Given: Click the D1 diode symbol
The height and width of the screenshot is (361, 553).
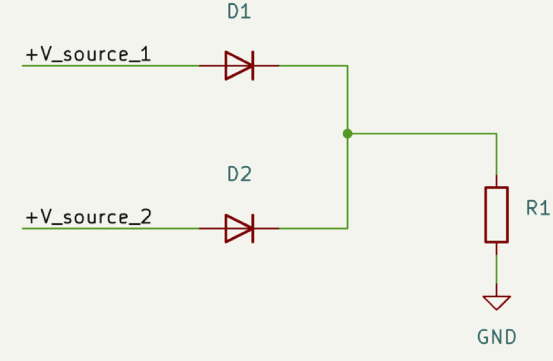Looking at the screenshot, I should click(239, 65).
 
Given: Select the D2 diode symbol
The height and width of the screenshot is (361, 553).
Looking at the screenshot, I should click(239, 228).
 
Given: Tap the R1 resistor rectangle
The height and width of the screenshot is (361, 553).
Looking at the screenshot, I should click(496, 214).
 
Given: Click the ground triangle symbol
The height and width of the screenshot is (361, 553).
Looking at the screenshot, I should click(496, 302).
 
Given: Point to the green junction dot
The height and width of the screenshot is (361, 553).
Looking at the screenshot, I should click(347, 134).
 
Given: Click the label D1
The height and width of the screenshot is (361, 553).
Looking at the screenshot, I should click(239, 12).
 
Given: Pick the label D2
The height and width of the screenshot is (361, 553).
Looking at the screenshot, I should click(239, 174).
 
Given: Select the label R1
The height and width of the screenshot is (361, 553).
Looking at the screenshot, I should click(537, 208).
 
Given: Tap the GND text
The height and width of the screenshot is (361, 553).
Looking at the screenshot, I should click(496, 337).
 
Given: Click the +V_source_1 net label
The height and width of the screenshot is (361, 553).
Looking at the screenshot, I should click(88, 55).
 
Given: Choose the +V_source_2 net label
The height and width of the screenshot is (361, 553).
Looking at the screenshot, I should click(88, 217).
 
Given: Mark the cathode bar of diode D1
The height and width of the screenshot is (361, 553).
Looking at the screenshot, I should click(253, 65).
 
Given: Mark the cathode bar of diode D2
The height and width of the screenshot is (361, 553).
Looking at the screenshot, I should click(253, 228).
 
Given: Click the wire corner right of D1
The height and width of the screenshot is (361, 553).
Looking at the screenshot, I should click(347, 66).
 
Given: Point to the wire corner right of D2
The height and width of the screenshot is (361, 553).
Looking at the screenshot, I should click(347, 228).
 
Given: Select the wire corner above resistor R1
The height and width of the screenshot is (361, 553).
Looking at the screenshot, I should click(496, 134).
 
